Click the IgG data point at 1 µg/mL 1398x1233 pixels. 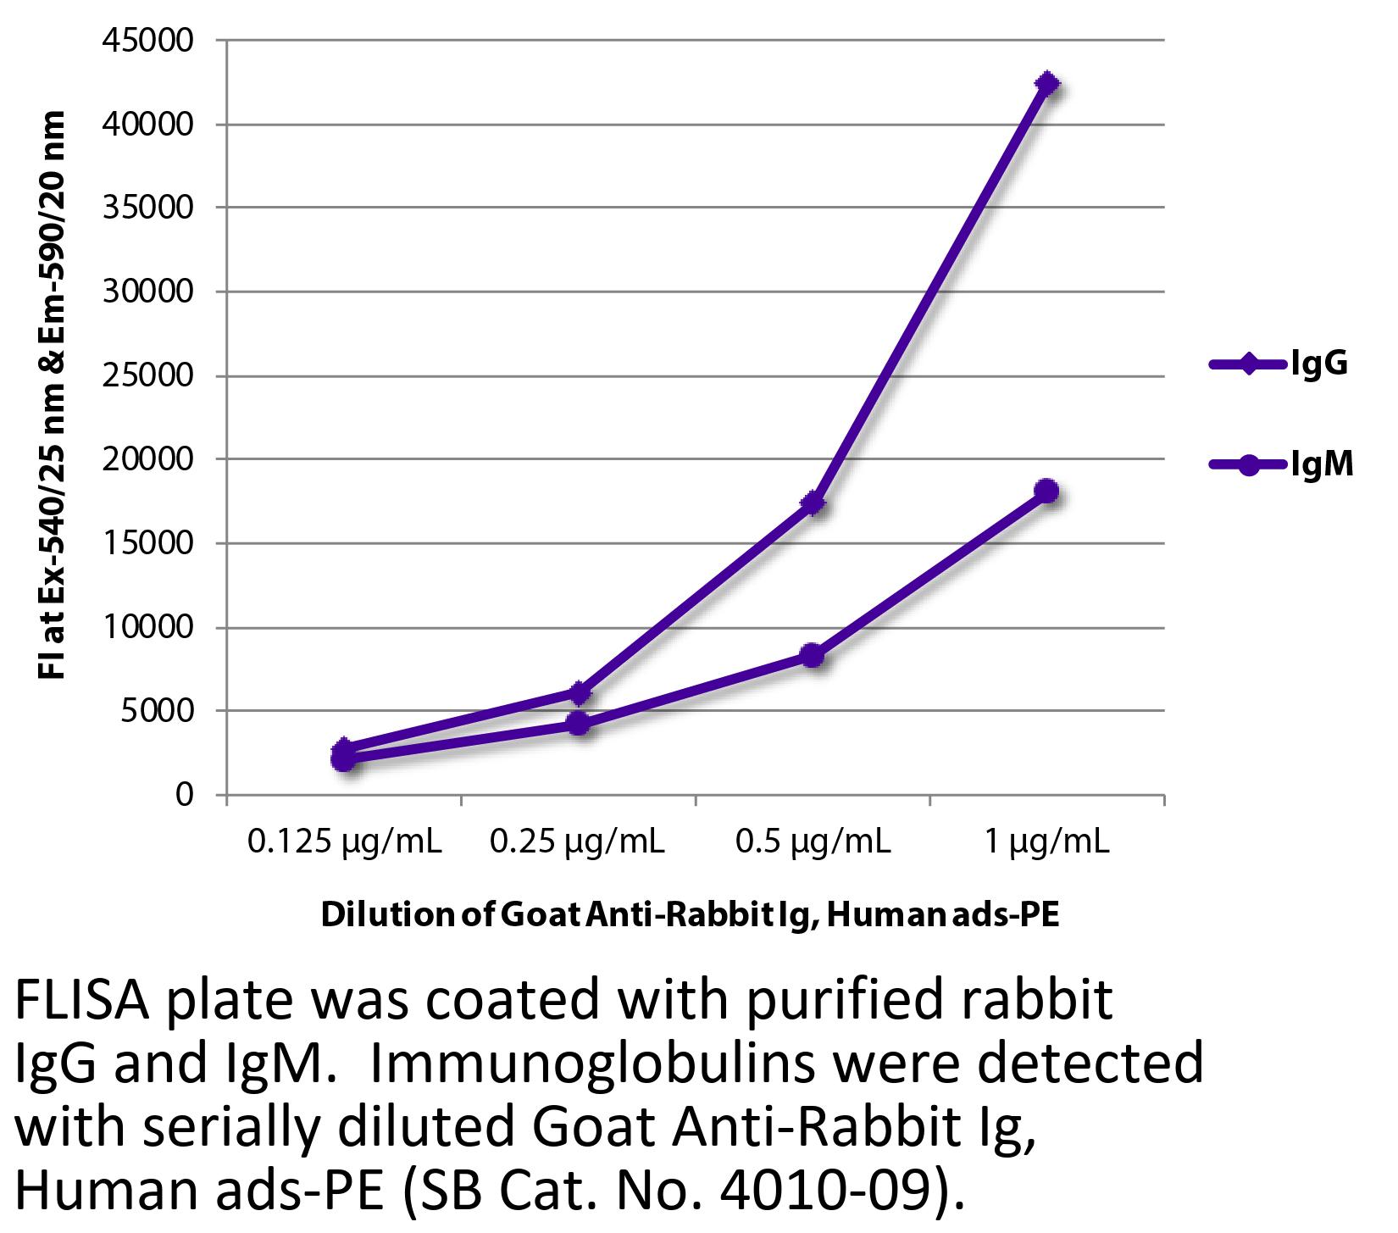1047,84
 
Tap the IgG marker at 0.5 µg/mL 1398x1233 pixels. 813,504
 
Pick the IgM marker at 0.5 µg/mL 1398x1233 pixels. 813,655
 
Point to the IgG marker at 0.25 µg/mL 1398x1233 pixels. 579,692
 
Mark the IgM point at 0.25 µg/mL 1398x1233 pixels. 579,723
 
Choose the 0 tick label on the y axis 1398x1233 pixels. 185,795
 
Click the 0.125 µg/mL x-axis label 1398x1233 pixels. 344,841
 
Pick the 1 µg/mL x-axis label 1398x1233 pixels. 1047,841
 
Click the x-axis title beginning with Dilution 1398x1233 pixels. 690,916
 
